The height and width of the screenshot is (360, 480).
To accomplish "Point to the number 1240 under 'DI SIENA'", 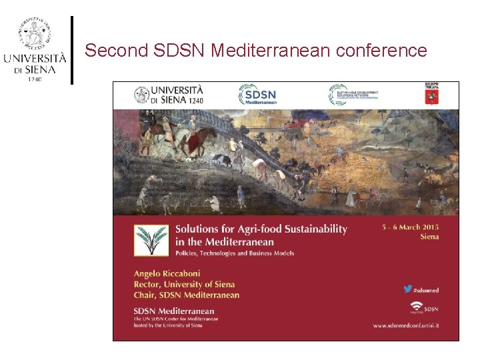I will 35,79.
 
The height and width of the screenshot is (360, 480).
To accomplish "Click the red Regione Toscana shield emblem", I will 432,96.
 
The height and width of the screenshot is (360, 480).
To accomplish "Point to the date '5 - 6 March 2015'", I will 410,227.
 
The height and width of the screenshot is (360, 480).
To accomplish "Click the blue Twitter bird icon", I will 407,289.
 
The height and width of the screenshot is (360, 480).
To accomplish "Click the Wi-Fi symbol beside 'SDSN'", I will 417,307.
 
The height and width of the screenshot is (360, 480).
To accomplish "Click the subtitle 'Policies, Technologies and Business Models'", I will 234,253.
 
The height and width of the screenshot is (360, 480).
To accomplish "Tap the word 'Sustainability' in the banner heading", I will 311,229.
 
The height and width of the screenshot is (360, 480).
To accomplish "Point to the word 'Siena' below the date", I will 429,237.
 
